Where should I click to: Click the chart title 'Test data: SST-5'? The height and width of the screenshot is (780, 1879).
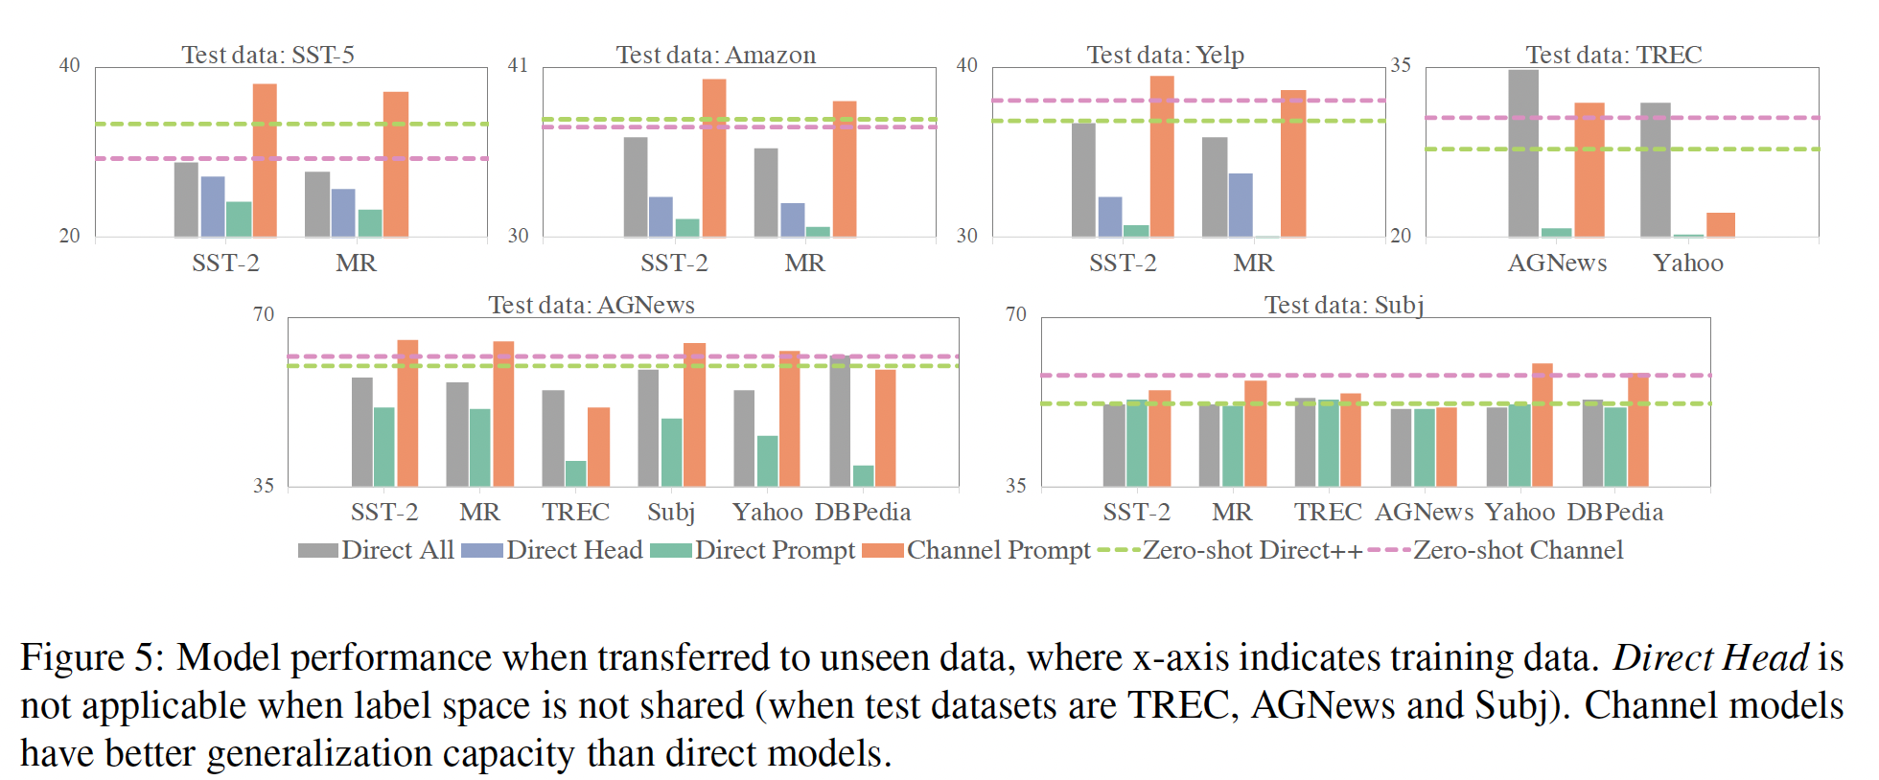[267, 55]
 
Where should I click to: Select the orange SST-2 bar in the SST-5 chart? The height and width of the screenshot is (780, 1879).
[265, 160]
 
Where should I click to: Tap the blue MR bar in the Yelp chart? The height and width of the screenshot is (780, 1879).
[1241, 205]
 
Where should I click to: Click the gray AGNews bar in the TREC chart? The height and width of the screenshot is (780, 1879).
[1523, 153]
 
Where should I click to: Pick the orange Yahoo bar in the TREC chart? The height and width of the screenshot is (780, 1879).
[1721, 225]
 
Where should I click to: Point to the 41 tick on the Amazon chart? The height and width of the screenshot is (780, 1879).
[518, 65]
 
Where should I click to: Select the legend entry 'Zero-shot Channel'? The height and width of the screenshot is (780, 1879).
[1518, 550]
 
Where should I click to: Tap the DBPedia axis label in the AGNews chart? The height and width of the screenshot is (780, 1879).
[863, 512]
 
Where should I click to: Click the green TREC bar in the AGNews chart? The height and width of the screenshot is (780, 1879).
[575, 473]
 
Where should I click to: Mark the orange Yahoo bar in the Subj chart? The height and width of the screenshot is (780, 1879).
[1543, 424]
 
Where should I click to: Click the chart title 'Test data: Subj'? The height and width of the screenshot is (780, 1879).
[1344, 305]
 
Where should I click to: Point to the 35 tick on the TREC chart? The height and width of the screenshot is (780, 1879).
[1401, 65]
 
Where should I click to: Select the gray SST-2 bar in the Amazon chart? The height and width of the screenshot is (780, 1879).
[636, 187]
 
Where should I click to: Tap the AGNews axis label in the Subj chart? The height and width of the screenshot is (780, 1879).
[1424, 512]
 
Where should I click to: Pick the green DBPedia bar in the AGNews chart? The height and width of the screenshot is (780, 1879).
[863, 476]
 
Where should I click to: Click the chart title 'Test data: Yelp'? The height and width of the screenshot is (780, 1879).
[1165, 55]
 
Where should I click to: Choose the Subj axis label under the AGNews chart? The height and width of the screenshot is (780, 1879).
[671, 512]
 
